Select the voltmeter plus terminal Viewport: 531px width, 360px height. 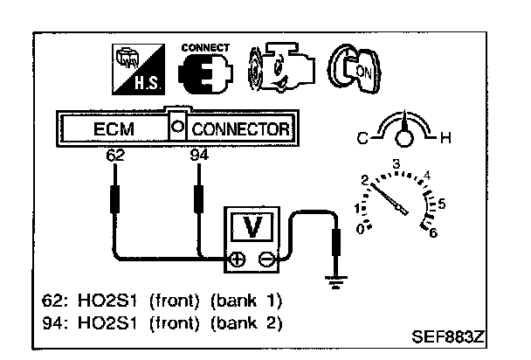click(x=236, y=259)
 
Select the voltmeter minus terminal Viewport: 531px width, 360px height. click(x=266, y=259)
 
